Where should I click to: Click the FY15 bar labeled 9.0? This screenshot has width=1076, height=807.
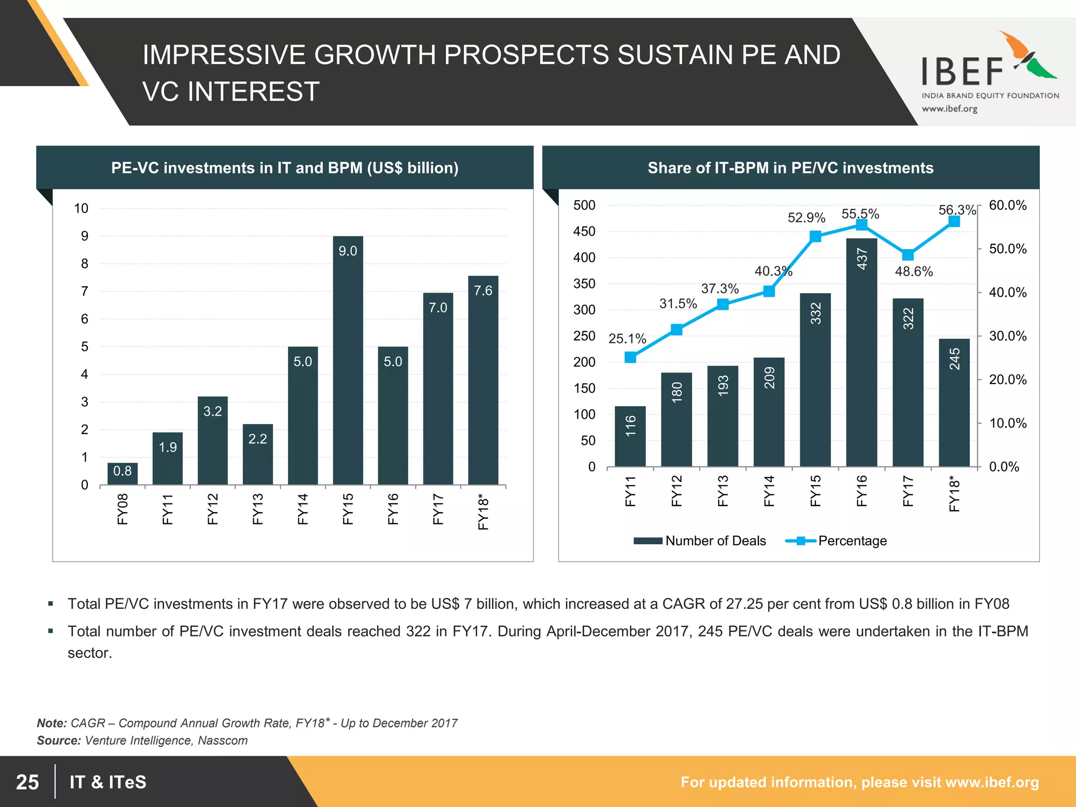pos(348,363)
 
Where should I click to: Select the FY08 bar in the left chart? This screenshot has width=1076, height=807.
pos(122,474)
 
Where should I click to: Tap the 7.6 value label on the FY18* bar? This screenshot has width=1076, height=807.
pos(483,291)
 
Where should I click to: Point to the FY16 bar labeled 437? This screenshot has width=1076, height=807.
pos(862,352)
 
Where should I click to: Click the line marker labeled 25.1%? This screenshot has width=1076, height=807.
pos(630,357)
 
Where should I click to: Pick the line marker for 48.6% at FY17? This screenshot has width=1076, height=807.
pos(908,255)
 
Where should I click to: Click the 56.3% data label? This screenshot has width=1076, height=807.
pos(957,210)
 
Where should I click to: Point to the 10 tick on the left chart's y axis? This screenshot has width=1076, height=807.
pos(81,209)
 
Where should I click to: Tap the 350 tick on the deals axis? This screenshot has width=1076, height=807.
pos(584,284)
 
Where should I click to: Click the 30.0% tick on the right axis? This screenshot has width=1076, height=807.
pos(1008,336)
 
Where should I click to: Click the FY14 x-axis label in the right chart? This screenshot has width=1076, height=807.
pos(769,491)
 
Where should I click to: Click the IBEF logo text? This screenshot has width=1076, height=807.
pos(963,72)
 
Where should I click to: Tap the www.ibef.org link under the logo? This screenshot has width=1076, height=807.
pos(949,109)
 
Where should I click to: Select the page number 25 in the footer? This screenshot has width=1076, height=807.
pos(27,782)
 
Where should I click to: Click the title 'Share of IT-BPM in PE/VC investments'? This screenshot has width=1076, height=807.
pos(790,168)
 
